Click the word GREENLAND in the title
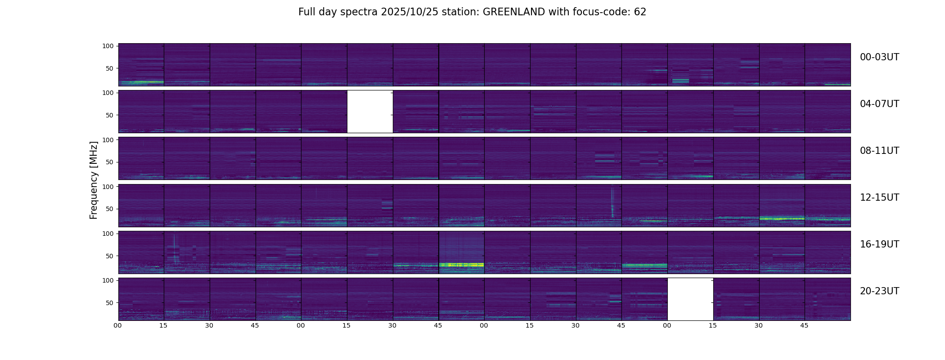coord(513,12)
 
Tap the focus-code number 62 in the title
coord(640,12)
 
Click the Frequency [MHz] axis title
coord(94,180)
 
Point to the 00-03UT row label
coord(879,57)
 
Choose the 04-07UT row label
coord(879,104)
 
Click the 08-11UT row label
coord(879,151)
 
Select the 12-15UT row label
coord(879,198)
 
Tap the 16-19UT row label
coord(879,244)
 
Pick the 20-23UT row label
coord(879,291)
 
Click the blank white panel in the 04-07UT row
coord(370,112)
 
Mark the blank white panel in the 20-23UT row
coord(690,299)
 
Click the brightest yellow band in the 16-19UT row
coord(461,265)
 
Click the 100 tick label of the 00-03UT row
coord(108,46)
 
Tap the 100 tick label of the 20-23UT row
coord(108,280)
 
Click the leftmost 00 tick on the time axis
coord(117,325)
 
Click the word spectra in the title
coord(359,12)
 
